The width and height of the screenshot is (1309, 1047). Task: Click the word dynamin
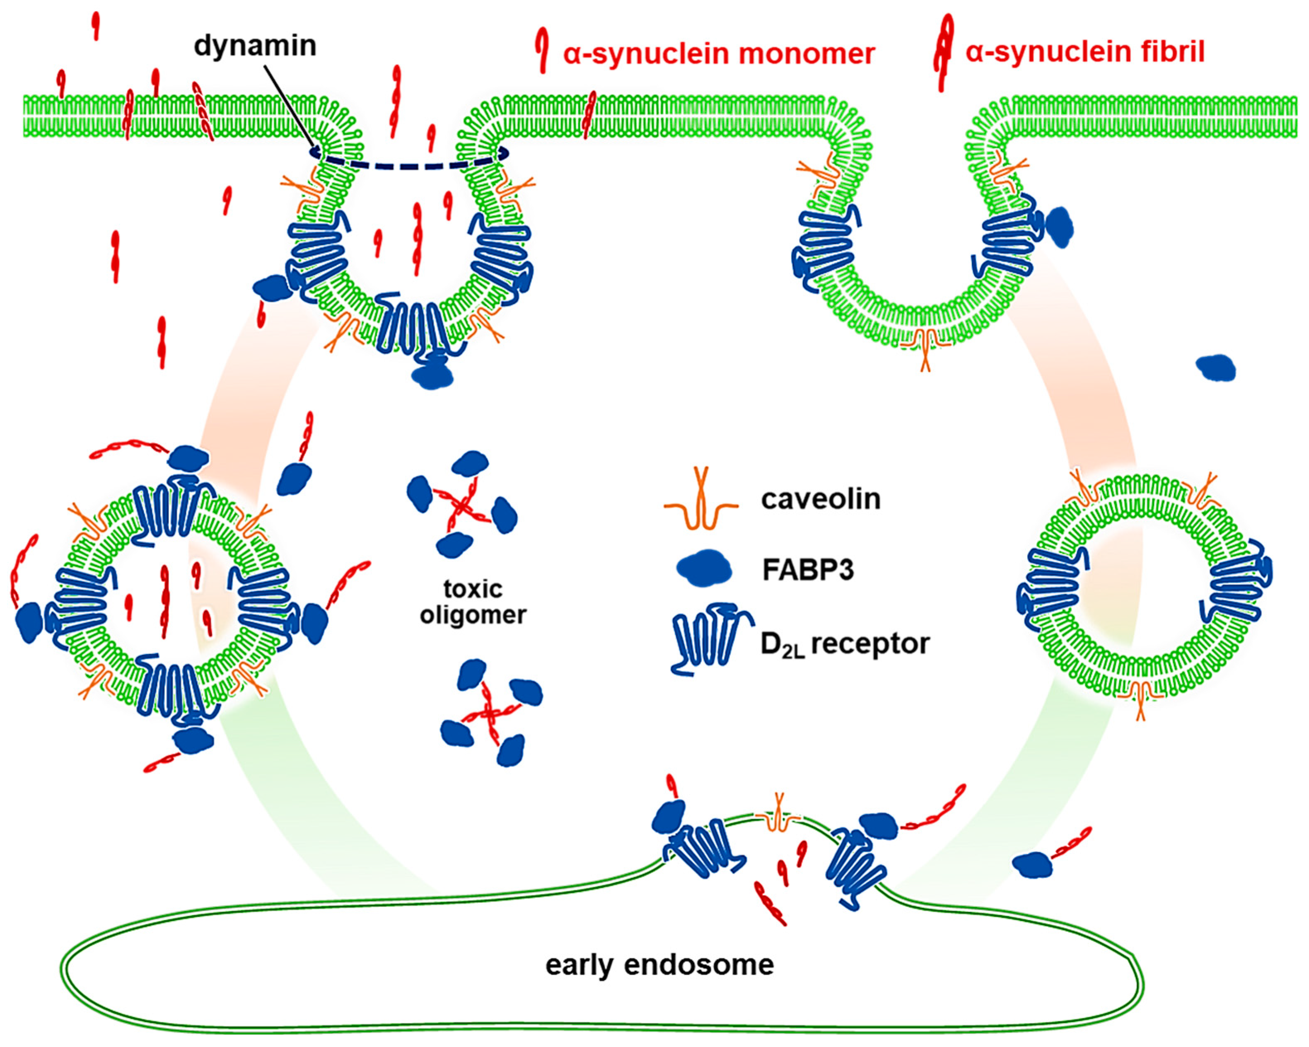(255, 46)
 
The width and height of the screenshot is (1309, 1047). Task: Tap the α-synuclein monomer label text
(719, 54)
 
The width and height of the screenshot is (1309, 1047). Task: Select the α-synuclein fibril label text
(1085, 52)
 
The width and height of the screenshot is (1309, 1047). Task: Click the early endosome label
(659, 965)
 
